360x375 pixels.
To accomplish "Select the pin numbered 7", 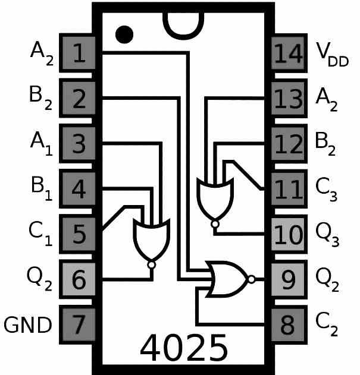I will [x=77, y=324].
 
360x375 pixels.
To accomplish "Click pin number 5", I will [x=77, y=234].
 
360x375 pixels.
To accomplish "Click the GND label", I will [x=27, y=325].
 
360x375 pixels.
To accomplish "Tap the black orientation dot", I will [x=124, y=34].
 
